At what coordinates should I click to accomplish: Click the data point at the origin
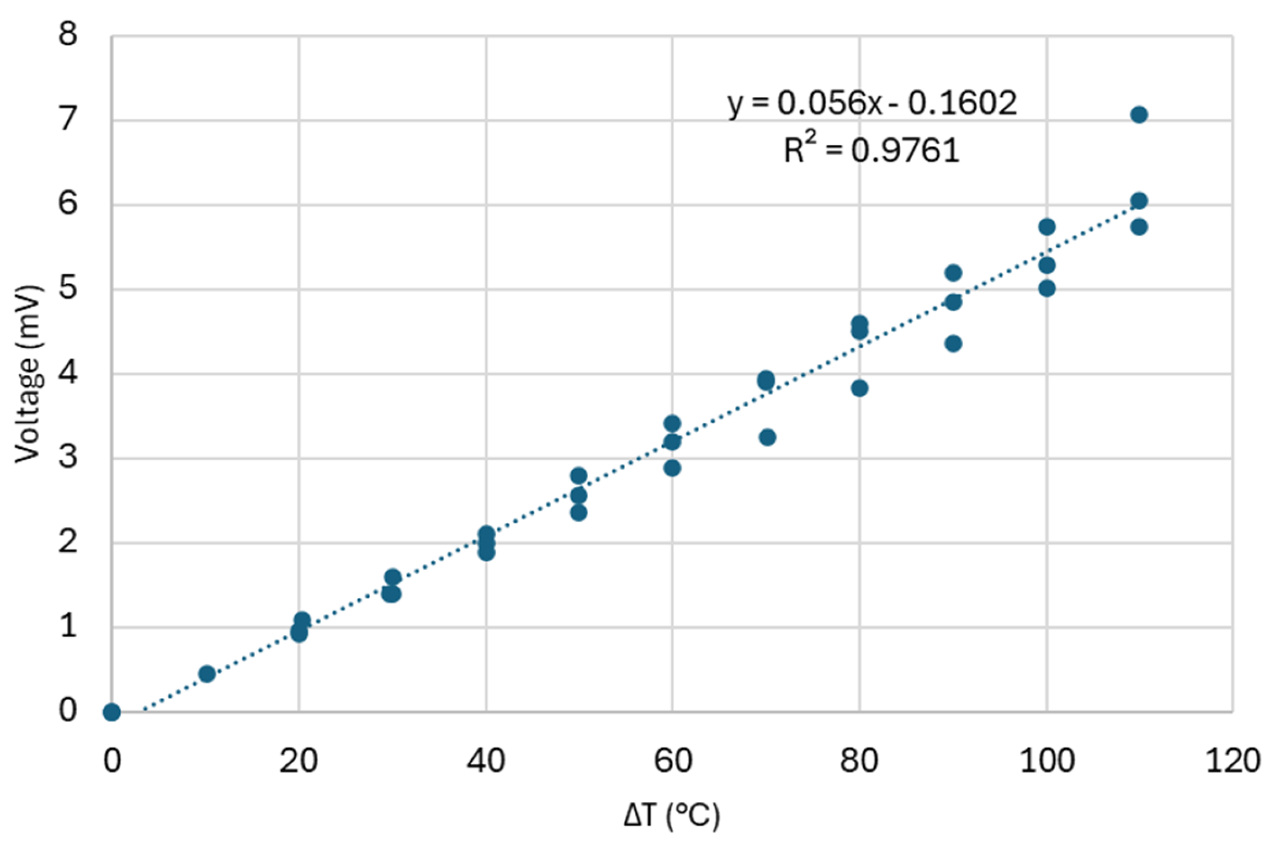click(111, 712)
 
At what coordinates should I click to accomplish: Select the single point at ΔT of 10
click(207, 674)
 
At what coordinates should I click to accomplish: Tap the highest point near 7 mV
click(1139, 115)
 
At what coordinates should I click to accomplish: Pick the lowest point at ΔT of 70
click(767, 437)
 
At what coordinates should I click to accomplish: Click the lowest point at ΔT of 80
click(859, 388)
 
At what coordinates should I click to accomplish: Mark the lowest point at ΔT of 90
click(954, 344)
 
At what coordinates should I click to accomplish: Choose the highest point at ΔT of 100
click(1047, 227)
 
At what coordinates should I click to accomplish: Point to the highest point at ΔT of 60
click(672, 424)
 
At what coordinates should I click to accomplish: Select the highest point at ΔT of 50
click(578, 476)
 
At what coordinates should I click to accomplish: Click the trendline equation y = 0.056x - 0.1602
click(872, 104)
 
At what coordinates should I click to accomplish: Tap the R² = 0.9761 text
click(872, 150)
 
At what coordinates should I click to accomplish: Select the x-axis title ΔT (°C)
click(672, 816)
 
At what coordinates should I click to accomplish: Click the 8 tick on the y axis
click(68, 35)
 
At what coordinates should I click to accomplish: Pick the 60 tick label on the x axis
click(672, 761)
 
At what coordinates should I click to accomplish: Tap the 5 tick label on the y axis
click(68, 289)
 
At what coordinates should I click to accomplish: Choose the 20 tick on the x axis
click(298, 761)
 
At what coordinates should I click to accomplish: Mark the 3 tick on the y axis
click(68, 458)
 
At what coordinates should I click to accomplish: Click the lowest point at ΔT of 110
click(1139, 227)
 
